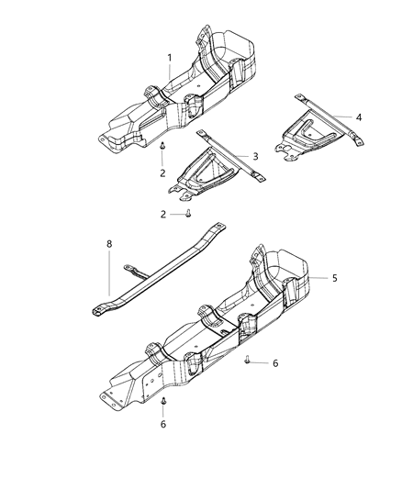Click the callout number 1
(x=170, y=58)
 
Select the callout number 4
(x=359, y=117)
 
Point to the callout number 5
(x=335, y=277)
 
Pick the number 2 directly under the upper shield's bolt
(x=162, y=172)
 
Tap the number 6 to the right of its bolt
(x=274, y=363)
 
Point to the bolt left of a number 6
(x=249, y=361)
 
